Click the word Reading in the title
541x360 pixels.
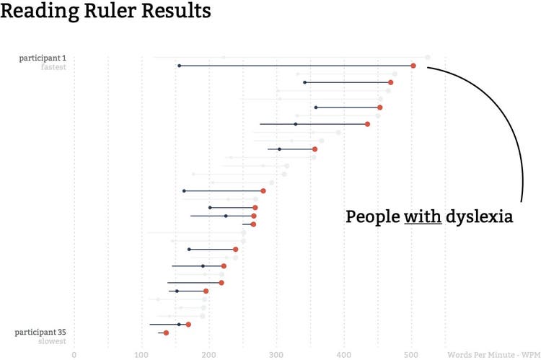pos(37,12)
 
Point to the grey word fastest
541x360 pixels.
pos(53,67)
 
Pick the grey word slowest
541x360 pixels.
pos(52,341)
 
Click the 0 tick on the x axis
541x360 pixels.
pos(74,354)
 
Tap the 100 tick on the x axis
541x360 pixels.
pos(141,354)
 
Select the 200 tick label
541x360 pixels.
pos(209,354)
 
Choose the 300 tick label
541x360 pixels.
pos(276,354)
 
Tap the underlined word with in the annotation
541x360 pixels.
pos(423,217)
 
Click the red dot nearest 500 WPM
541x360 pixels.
pos(413,66)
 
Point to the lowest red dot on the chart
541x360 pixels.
pos(166,333)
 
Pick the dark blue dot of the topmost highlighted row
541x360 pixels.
pos(179,66)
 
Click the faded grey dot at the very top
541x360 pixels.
pos(428,58)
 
